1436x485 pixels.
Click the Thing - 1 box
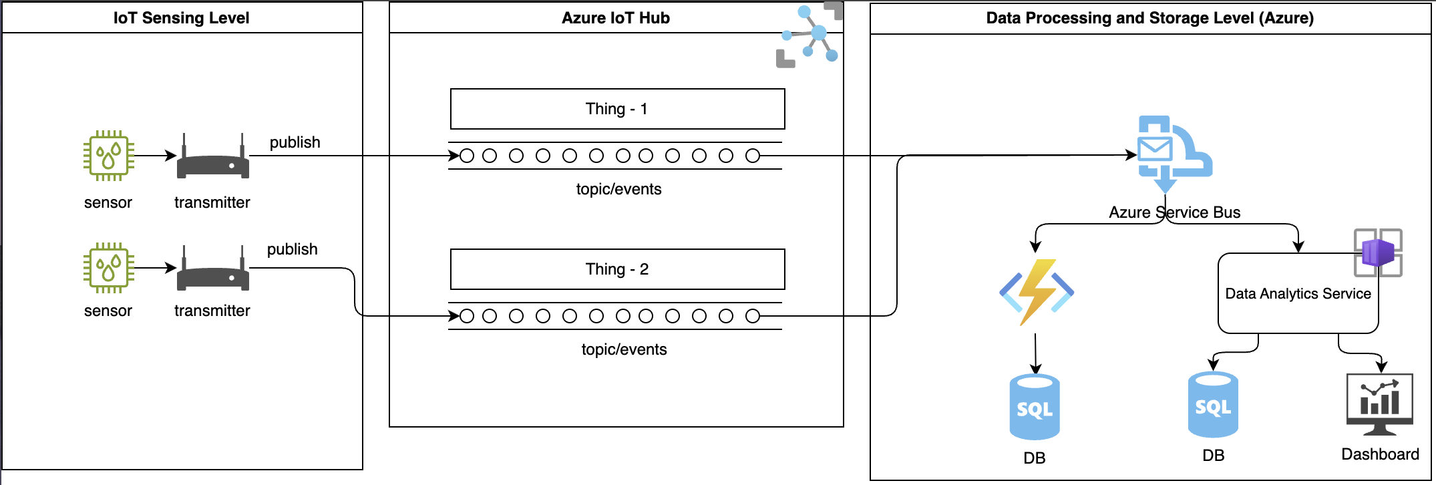pos(617,109)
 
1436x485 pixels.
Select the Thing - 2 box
pos(617,269)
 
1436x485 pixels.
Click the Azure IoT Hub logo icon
pos(810,36)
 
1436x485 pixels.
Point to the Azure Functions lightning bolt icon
pos(1036,293)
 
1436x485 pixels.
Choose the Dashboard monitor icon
pos(1379,404)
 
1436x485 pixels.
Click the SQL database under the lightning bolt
pos(1034,408)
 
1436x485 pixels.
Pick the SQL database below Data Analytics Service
pos(1213,405)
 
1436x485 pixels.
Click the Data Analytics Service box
pos(1297,294)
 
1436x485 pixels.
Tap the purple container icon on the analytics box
pos(1377,253)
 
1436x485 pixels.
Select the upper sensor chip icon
pos(108,156)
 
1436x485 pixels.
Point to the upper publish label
pos(295,142)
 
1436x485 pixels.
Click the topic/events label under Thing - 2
pos(624,349)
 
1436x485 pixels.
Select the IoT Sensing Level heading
pos(181,18)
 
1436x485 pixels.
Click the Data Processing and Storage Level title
pos(1149,18)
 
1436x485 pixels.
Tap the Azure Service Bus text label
pos(1174,212)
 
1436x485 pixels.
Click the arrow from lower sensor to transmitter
pos(155,268)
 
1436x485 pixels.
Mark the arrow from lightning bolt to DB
pos(1035,353)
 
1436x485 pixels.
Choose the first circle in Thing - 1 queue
pos(467,156)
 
